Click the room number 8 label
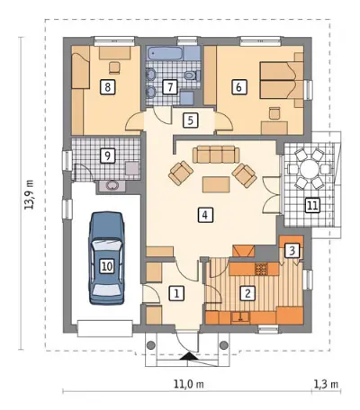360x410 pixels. pyautogui.click(x=108, y=87)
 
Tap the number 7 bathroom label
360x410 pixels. pyautogui.click(x=170, y=87)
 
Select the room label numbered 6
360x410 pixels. pyautogui.click(x=238, y=87)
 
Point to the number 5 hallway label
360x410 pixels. pyautogui.click(x=190, y=120)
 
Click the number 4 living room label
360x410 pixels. pyautogui.click(x=205, y=215)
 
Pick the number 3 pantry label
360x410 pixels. pyautogui.click(x=292, y=251)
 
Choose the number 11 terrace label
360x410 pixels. pyautogui.click(x=312, y=206)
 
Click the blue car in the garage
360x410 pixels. pyautogui.click(x=107, y=258)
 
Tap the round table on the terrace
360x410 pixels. pyautogui.click(x=309, y=170)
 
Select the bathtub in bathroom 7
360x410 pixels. pyautogui.click(x=164, y=53)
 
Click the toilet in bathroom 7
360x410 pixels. pyautogui.click(x=191, y=75)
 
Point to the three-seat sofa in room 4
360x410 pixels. pyautogui.click(x=216, y=155)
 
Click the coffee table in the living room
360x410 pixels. pyautogui.click(x=216, y=184)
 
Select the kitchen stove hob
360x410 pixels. pyautogui.click(x=260, y=270)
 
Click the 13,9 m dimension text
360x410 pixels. pyautogui.click(x=29, y=194)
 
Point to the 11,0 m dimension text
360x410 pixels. pyautogui.click(x=189, y=384)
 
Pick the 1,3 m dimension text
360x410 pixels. pyautogui.click(x=326, y=384)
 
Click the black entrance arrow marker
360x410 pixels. pyautogui.click(x=188, y=356)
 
